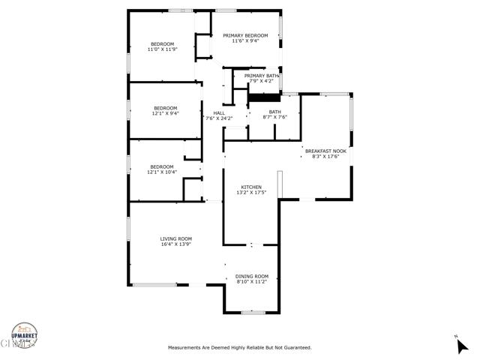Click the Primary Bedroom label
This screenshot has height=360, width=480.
(x=245, y=36)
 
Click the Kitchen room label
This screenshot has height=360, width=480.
(x=250, y=187)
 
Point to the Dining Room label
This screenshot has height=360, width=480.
(x=251, y=276)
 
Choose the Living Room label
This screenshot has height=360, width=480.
(x=176, y=238)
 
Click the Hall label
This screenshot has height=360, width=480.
(x=219, y=113)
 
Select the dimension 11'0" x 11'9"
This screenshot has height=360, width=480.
(x=163, y=49)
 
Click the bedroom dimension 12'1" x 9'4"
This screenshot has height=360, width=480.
(x=165, y=113)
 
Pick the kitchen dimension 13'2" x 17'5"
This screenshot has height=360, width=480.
(x=250, y=193)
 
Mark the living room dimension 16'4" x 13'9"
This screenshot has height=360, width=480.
(x=176, y=244)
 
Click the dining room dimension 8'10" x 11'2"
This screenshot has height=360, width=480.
(x=251, y=282)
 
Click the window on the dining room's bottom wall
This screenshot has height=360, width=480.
(x=253, y=312)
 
